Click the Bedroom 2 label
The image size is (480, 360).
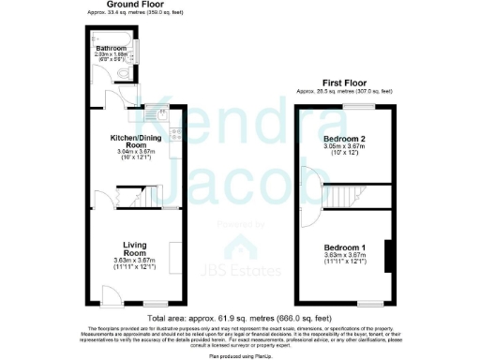[343, 141]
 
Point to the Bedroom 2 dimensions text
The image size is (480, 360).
[343, 150]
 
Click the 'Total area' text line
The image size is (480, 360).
[240, 316]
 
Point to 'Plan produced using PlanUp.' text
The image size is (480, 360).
[240, 354]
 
